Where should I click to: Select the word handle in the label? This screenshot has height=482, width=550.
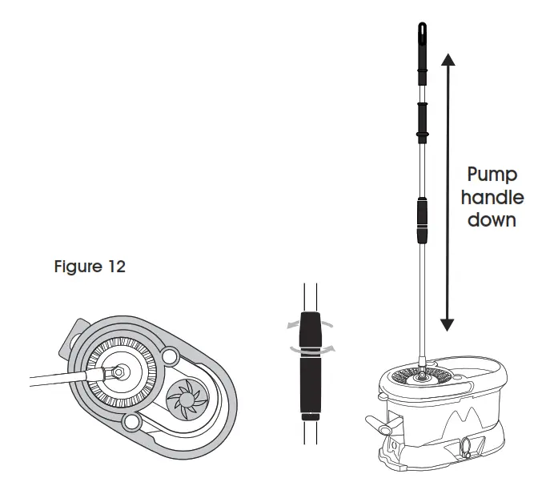point(496,197)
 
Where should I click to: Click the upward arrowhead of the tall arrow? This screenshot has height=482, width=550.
point(447,59)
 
